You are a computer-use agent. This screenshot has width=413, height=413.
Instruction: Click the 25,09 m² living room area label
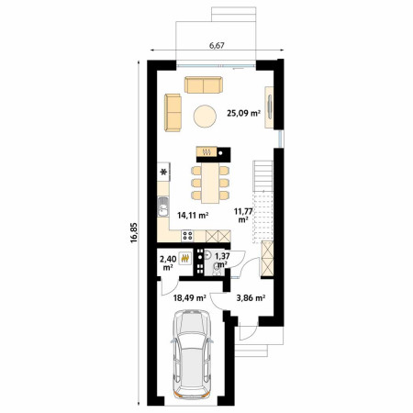pyautogui.click(x=243, y=114)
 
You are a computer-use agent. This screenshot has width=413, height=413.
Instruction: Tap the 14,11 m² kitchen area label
pyautogui.click(x=193, y=216)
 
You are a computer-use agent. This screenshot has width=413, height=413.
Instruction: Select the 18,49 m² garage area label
pyautogui.click(x=189, y=297)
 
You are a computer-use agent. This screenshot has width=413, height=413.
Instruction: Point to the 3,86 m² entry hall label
pyautogui.click(x=251, y=297)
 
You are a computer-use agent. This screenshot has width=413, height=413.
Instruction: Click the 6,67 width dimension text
pyautogui.click(x=217, y=45)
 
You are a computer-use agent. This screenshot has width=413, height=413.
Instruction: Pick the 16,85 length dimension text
pyautogui.click(x=134, y=232)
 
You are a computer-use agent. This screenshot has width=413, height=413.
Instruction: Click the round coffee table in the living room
pyautogui.click(x=205, y=117)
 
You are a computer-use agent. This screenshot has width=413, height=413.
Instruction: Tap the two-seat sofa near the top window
pyautogui.click(x=204, y=84)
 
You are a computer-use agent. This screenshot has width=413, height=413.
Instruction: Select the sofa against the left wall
pyautogui.click(x=173, y=113)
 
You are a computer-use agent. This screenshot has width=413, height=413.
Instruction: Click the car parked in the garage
pyautogui.click(x=192, y=354)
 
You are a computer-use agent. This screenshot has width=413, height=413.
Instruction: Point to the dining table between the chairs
pyautogui.click(x=210, y=183)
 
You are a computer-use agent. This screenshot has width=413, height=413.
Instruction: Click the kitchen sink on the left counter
pyautogui.click(x=162, y=206)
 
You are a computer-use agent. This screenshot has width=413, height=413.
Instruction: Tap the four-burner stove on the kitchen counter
pyautogui.click(x=187, y=236)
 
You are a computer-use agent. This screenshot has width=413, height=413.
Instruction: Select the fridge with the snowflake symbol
pyautogui.click(x=163, y=172)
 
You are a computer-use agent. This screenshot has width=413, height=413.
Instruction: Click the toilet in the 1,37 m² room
pyautogui.click(x=217, y=269)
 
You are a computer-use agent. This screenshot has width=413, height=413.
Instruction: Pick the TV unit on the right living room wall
pyautogui.click(x=269, y=107)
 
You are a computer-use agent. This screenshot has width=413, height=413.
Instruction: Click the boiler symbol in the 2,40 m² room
pyautogui.click(x=185, y=259)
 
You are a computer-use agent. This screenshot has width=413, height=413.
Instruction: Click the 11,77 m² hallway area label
pyautogui.click(x=243, y=215)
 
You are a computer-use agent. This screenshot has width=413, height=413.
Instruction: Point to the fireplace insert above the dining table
pyautogui.click(x=206, y=151)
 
